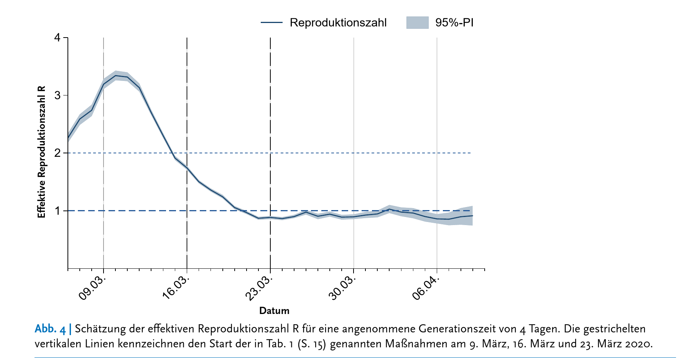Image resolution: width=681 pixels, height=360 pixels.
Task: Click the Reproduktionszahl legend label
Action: (x=338, y=23)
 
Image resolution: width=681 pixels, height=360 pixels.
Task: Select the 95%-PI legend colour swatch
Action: (x=417, y=23)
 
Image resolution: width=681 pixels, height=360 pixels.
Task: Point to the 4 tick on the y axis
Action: (x=58, y=38)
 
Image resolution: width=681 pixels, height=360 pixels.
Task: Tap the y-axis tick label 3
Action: (x=58, y=95)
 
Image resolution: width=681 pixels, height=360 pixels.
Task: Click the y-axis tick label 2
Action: (x=58, y=153)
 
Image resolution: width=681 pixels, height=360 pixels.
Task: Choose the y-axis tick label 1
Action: (x=58, y=211)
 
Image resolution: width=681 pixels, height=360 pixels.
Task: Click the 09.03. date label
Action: (x=92, y=288)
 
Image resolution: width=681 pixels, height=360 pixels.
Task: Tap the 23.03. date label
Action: (x=259, y=288)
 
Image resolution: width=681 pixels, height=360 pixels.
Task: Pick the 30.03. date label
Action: (x=342, y=288)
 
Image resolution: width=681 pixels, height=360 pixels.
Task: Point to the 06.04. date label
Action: (x=426, y=288)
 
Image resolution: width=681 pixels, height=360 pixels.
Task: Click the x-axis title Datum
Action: (x=274, y=311)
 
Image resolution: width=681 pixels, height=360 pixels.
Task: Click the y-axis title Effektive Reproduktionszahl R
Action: (x=41, y=152)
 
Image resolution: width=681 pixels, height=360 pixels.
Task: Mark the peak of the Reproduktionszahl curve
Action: (x=115, y=76)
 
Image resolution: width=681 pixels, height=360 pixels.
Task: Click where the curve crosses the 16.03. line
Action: (x=187, y=168)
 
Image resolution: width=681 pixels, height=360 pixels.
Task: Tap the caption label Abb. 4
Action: (x=50, y=329)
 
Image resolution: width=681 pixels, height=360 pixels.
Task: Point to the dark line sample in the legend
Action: (x=271, y=23)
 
